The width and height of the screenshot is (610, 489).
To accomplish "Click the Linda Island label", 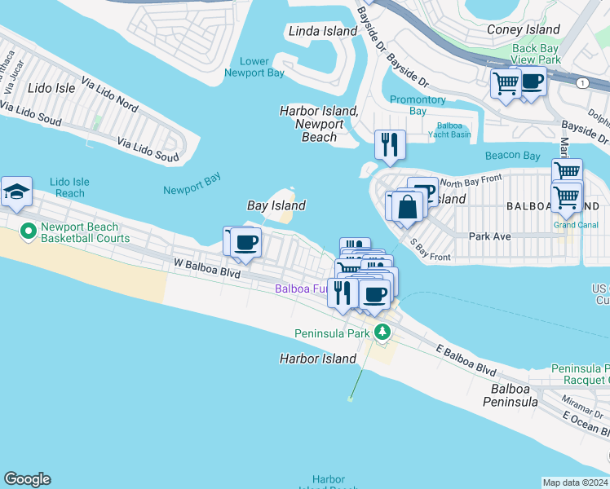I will point(323,31).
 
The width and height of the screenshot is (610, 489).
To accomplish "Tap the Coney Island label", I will point(523,30).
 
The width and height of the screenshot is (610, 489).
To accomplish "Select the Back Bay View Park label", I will point(536,54).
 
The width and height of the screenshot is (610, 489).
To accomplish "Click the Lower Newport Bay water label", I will point(254,67).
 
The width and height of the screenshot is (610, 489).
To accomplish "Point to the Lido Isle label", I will point(51,87).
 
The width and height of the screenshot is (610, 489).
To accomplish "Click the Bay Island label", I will point(276,206).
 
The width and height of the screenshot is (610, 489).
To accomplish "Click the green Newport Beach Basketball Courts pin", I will point(29,232).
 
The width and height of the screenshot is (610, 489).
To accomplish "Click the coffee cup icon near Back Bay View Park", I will point(532,83).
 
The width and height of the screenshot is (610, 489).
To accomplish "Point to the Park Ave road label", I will point(489,236).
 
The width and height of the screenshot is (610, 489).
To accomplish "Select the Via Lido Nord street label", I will point(110,95).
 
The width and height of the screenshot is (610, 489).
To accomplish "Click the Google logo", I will point(27,479).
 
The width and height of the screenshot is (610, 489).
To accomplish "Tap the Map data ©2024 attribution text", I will point(574,482).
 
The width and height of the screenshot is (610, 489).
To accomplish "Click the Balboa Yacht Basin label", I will point(450,130).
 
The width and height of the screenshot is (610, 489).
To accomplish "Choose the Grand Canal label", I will point(576,225).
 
